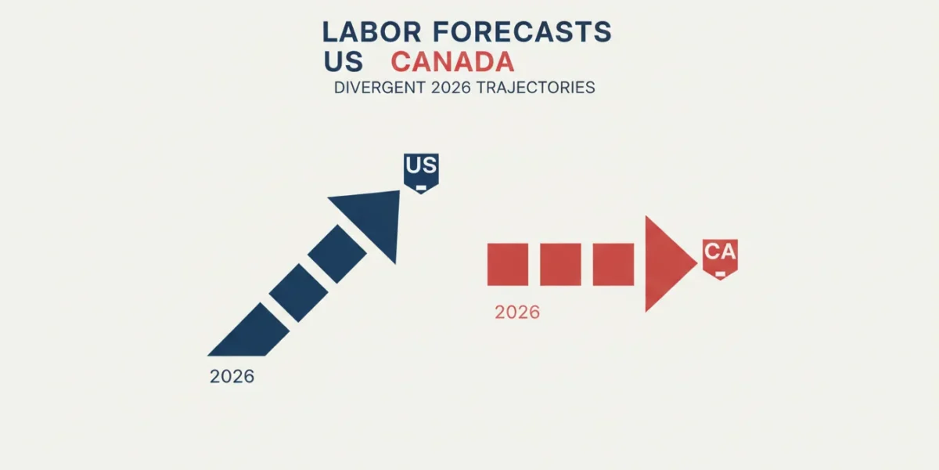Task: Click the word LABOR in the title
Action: point(372,32)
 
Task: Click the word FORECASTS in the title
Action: point(522,32)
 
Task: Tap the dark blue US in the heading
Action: point(343,62)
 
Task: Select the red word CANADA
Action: point(452,62)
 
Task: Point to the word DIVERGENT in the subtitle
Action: point(380,87)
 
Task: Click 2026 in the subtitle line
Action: point(451,87)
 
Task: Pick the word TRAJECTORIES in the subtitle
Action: point(536,87)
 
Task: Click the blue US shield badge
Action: point(421,173)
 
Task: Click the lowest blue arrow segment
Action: point(251,332)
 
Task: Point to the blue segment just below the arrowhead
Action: point(337,254)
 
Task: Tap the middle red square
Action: point(560,265)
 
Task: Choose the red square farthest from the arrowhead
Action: point(508,265)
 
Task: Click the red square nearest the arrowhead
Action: point(613,265)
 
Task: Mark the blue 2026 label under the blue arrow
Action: point(232,377)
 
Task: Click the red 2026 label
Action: point(517,313)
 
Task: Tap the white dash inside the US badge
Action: point(421,187)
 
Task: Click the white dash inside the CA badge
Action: point(720,274)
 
